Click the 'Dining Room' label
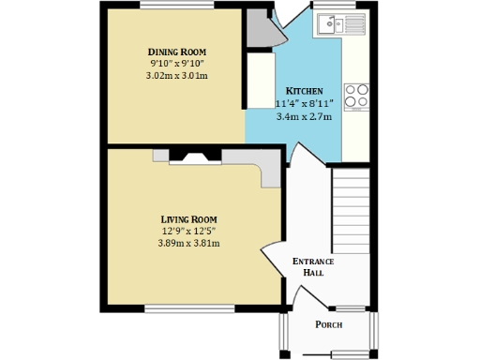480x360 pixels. coord(176,52)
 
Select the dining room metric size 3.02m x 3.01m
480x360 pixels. coord(176,76)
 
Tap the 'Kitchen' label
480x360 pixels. coord(304,91)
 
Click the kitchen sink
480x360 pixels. coord(329,25)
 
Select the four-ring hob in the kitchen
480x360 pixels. coord(356,97)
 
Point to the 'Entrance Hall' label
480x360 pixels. coord(313,266)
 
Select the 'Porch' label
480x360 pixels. coord(328,325)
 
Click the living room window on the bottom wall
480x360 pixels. coord(188,307)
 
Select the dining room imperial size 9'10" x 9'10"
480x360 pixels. coord(176,64)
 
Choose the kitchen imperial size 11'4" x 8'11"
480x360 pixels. coord(306,103)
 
